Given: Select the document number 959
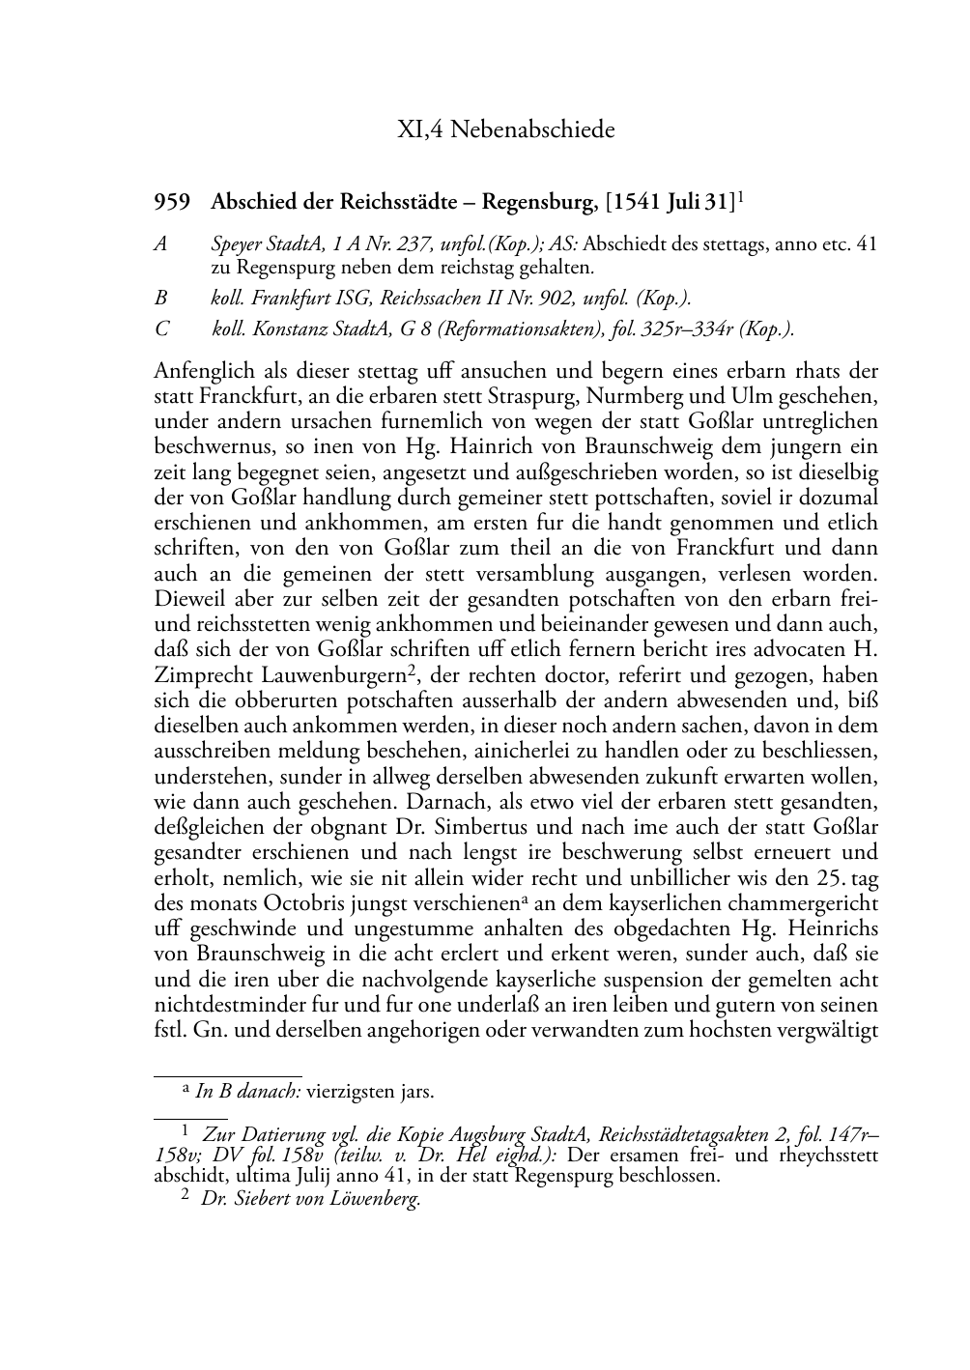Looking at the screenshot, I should click(171, 202).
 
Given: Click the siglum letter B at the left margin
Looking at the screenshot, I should click(160, 300).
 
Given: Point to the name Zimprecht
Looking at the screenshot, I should click(197, 674).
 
